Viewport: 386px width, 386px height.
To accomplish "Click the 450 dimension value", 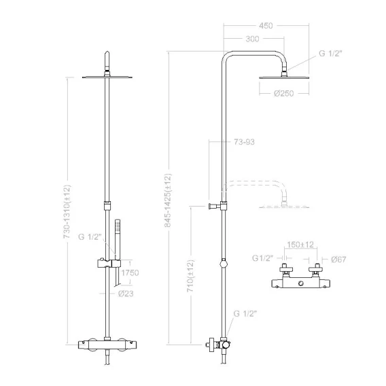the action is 266,26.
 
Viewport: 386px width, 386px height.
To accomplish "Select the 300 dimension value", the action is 252,39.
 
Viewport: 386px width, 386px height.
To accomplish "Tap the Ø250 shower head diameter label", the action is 284,93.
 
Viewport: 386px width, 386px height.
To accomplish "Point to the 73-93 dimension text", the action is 244,142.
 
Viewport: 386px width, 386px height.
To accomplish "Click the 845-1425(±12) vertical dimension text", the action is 168,200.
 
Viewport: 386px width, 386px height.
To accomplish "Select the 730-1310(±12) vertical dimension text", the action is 67,211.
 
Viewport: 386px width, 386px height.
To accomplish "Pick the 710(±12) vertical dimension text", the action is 190,276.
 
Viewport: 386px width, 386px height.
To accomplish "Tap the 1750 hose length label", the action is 130,273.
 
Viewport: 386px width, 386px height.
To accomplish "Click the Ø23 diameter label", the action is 126,294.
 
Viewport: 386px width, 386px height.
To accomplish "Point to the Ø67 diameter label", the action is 338,259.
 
